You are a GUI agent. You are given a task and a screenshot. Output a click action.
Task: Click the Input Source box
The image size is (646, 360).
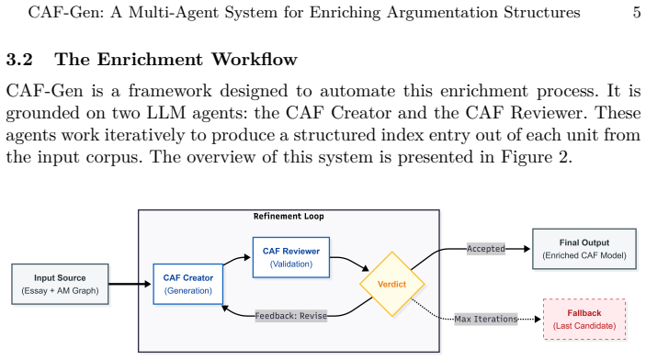coord(60,284)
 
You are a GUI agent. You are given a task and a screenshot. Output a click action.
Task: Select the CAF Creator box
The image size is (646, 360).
coord(188,284)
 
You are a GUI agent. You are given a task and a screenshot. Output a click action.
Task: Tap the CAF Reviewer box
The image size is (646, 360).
coord(291,257)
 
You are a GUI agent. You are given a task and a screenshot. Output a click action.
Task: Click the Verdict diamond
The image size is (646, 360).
coord(391,284)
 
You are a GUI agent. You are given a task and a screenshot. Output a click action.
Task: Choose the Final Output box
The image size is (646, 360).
coord(584,249)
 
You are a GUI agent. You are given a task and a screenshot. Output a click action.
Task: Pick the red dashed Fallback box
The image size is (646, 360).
coord(584,320)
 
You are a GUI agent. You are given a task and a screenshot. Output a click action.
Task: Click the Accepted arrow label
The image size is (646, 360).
coord(486,249)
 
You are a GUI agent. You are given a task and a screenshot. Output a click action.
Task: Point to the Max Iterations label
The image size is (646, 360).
coord(486,320)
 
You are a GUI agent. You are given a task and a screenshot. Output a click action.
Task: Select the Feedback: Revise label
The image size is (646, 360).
coord(291,316)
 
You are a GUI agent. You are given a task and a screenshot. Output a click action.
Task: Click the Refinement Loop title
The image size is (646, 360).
coord(289,216)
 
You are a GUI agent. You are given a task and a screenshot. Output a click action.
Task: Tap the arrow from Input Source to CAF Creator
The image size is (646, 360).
coord(130,284)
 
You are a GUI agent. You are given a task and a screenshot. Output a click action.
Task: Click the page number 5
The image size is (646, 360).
coord(637,12)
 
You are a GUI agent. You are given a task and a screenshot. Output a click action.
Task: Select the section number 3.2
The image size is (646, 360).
coord(19,60)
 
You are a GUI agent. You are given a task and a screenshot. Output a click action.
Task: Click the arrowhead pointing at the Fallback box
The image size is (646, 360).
coord(538,320)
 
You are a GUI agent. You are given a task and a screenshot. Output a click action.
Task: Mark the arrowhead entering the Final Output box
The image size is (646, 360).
coord(527,249)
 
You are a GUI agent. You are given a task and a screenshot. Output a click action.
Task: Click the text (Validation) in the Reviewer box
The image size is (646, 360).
coord(291,264)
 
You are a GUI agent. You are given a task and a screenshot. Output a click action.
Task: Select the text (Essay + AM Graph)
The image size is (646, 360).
coord(60,291)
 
